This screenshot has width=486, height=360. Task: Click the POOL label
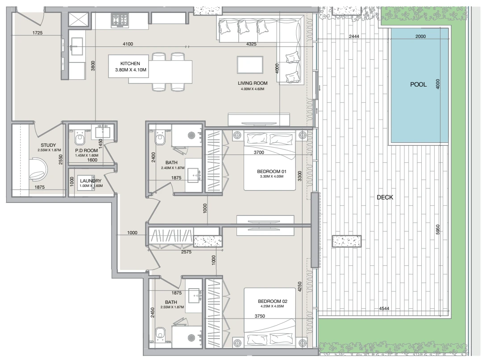pyautogui.click(x=418, y=84)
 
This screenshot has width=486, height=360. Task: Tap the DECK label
pyautogui.click(x=385, y=197)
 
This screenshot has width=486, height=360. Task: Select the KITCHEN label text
pyautogui.click(x=130, y=63)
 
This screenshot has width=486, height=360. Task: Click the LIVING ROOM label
pyautogui.click(x=253, y=83)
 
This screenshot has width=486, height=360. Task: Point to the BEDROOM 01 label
pyautogui.click(x=271, y=171)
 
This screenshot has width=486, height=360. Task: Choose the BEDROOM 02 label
pyautogui.click(x=272, y=301)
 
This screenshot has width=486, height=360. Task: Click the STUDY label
pyautogui.click(x=48, y=145)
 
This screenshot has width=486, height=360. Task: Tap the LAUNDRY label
pyautogui.click(x=91, y=181)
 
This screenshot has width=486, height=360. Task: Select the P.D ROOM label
pyautogui.click(x=87, y=151)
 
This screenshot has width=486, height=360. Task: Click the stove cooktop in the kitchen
pyautogui.click(x=120, y=21)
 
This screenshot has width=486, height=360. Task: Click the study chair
pyautogui.click(x=38, y=169)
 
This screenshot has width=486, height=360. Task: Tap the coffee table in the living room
pyautogui.click(x=250, y=65)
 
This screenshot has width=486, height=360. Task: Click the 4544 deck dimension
pyautogui.click(x=384, y=309)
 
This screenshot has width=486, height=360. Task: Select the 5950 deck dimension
pyautogui.click(x=438, y=230)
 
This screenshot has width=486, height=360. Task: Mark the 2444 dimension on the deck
pyautogui.click(x=354, y=36)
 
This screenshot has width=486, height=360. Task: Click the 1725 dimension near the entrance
pyautogui.click(x=37, y=33)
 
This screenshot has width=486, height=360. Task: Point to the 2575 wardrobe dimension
pyautogui.click(x=186, y=252)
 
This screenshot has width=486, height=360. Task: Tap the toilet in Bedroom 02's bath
pyautogui.click(x=160, y=333)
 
